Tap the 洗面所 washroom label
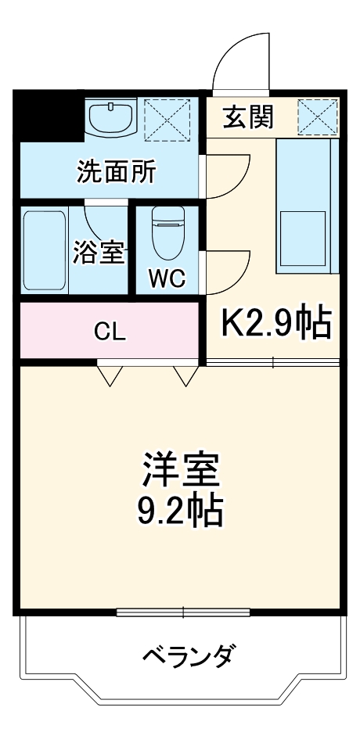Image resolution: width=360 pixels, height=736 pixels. tap(115, 171)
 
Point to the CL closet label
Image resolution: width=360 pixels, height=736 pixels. tap(109, 331)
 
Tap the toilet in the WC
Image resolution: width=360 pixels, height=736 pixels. tap(167, 234)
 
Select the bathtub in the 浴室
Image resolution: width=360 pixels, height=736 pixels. tap(44, 249)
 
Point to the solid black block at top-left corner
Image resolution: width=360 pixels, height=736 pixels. tap(48, 116)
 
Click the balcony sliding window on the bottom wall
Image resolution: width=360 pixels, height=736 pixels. tap(182, 612)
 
